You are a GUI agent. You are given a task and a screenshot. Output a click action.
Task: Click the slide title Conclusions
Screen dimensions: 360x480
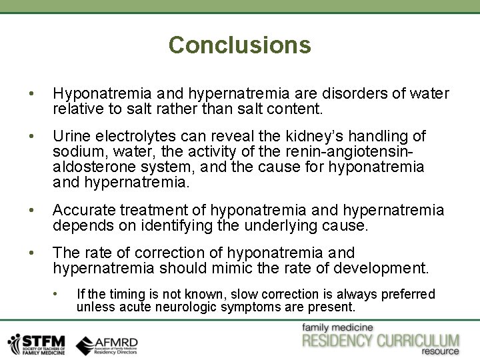pyautogui.click(x=239, y=45)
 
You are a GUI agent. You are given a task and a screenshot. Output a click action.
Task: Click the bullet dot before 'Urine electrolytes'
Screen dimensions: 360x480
pyautogui.click(x=24, y=136)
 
